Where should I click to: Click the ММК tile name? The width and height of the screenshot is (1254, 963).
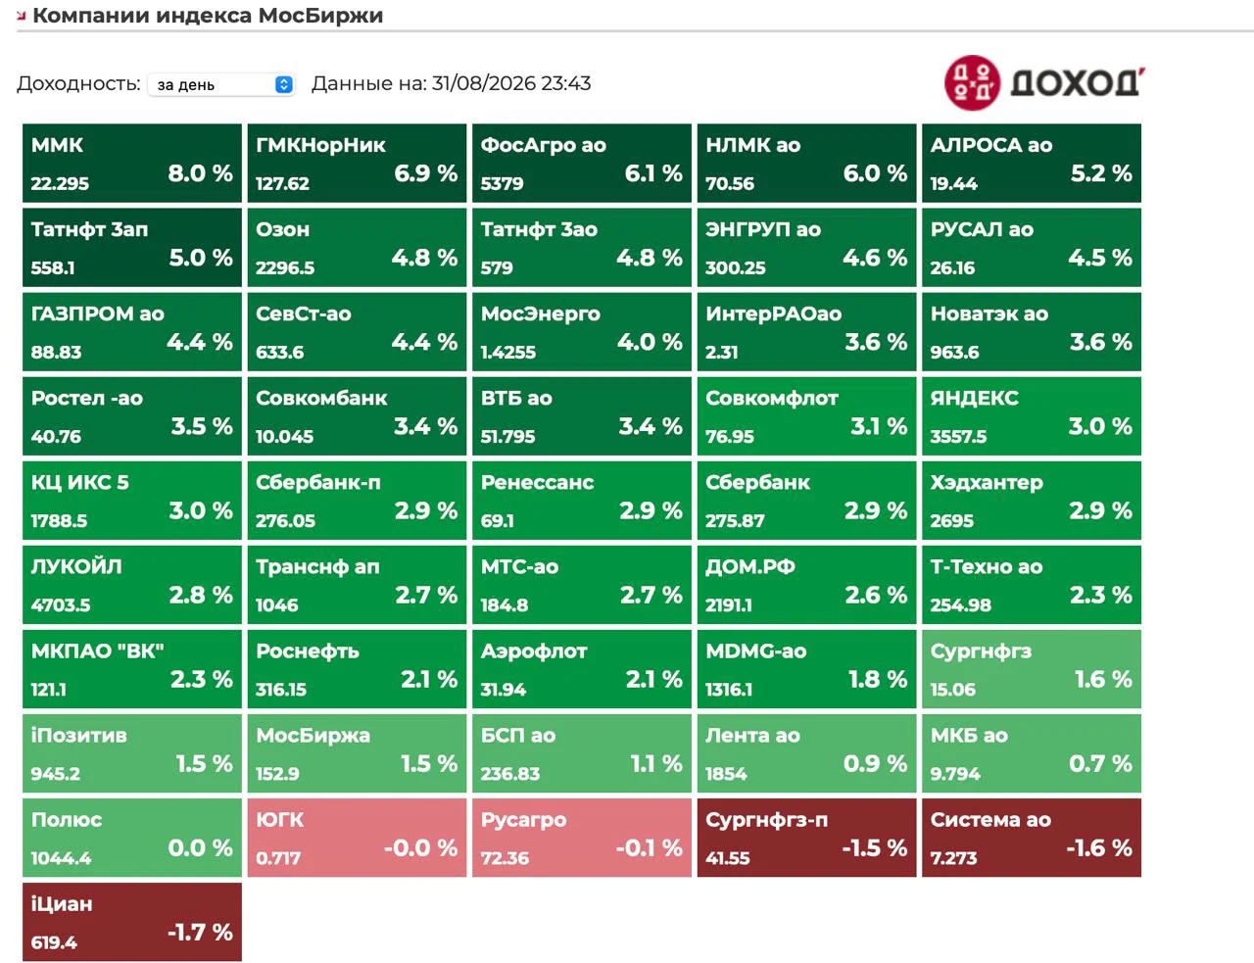coord(57,145)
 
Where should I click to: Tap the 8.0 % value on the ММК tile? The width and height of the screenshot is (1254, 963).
coord(200,173)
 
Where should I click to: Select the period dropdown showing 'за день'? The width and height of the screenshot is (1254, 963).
coord(221,85)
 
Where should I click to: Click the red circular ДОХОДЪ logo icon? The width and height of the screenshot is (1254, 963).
coord(972,82)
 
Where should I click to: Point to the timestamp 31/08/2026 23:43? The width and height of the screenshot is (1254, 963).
coord(511,83)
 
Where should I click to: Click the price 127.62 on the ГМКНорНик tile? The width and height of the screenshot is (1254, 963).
coord(283,183)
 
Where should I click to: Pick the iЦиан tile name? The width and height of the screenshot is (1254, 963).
coord(62,903)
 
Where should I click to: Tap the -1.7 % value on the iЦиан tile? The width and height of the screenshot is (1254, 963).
coord(200,932)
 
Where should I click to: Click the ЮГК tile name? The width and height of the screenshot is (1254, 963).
coord(280,819)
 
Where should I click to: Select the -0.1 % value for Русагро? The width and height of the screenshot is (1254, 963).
coord(650,847)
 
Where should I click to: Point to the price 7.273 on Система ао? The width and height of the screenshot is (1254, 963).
coord(954,858)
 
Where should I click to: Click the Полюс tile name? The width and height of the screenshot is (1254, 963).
coord(67,819)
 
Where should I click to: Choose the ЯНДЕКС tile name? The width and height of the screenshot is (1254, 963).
coord(975,398)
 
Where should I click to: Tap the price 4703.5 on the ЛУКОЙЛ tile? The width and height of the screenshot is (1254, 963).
coord(61,605)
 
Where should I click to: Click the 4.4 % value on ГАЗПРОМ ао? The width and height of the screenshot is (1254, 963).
coord(200,342)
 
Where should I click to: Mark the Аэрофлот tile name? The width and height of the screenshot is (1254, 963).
coord(534,650)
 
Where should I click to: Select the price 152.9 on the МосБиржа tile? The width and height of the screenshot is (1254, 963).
coord(277,774)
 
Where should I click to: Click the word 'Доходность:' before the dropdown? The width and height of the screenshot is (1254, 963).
coord(78,83)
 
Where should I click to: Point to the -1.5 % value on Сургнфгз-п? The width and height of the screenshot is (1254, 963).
coord(874,847)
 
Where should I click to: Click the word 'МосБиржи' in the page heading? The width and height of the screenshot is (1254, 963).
coord(321,16)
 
